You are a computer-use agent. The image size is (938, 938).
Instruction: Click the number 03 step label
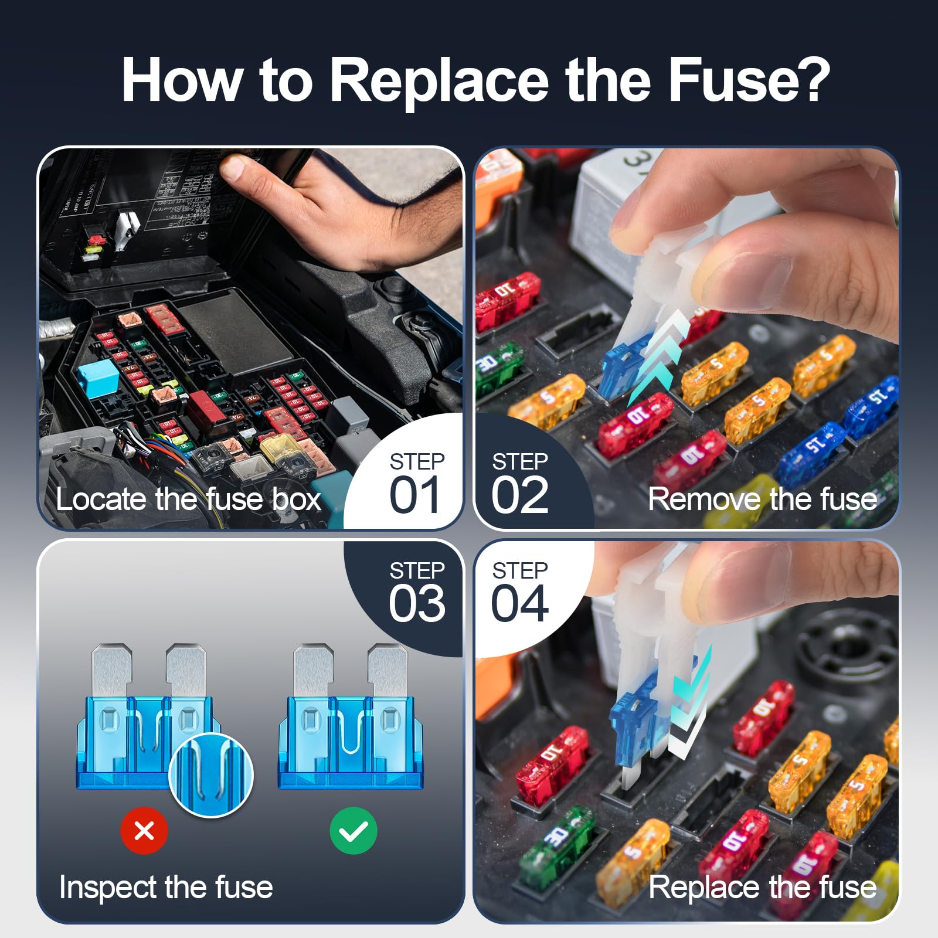click(417, 604)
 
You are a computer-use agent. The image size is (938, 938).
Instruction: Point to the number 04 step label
click(520, 604)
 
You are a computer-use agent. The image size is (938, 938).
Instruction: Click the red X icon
click(144, 831)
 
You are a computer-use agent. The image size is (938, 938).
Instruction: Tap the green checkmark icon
click(353, 831)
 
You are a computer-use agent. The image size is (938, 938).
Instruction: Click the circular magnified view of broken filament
click(211, 774)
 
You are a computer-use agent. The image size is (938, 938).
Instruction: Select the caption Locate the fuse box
click(188, 499)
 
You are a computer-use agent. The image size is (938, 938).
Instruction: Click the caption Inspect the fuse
click(166, 887)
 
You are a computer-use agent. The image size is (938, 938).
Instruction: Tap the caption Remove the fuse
click(762, 499)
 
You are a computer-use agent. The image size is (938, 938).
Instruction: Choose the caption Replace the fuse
click(762, 887)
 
